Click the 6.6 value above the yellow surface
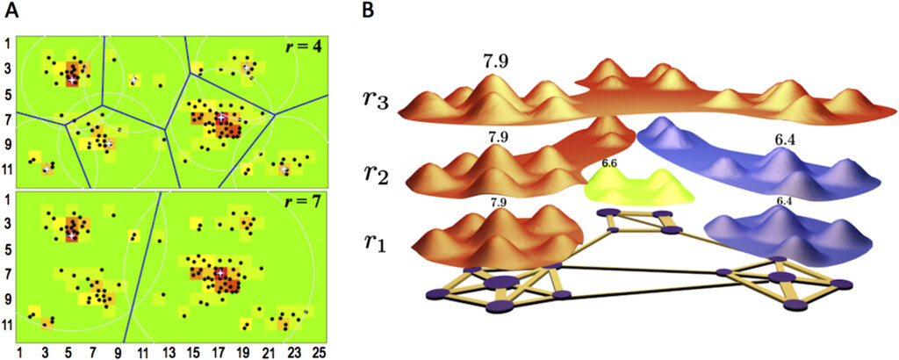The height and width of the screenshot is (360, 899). [x=609, y=163]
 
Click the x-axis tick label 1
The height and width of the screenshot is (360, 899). [x=20, y=349]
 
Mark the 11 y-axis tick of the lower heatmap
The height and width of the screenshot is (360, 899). [x=7, y=325]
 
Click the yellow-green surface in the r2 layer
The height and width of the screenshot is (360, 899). [x=639, y=187]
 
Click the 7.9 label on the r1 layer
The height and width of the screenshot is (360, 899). [x=499, y=202]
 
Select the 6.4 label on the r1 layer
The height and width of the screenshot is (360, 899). [x=784, y=201]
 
